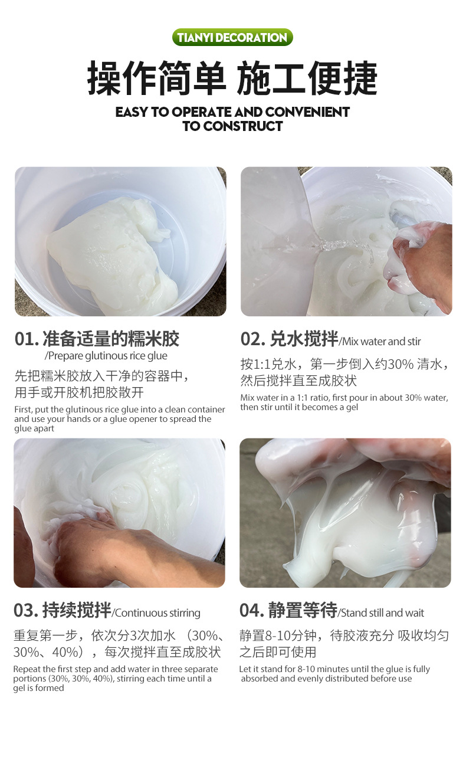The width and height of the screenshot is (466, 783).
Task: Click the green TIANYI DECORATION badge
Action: coord(232,38)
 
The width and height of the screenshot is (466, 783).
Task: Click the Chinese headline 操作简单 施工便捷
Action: coord(232,78)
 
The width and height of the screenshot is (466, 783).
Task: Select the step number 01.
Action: coord(26,339)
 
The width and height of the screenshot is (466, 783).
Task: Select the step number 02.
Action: coord(252,339)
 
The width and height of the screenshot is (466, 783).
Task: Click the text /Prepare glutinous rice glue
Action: coord(106,356)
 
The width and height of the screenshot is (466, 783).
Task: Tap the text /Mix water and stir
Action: coord(380,341)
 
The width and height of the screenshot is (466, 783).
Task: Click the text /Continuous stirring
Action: coord(156,613)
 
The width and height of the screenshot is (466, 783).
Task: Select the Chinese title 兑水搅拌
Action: coord(304,339)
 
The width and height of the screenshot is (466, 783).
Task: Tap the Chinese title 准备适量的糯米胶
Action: coord(110,339)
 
